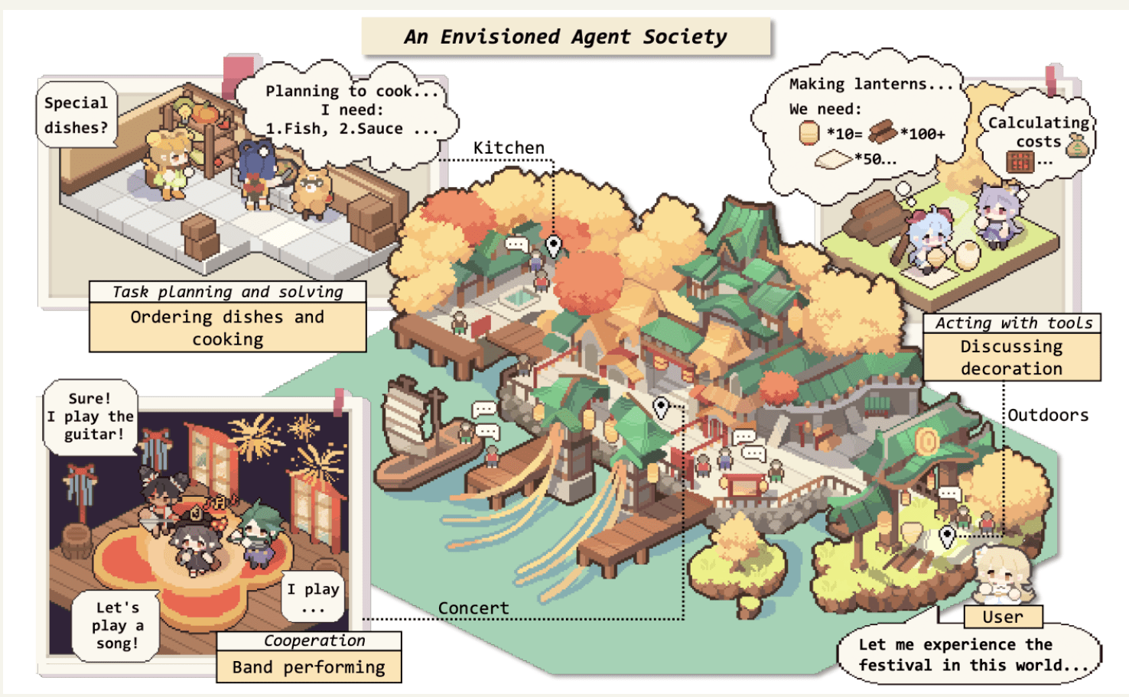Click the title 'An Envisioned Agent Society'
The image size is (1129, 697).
point(566,37)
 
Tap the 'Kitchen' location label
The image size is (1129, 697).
point(509,148)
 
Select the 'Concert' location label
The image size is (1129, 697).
point(473,608)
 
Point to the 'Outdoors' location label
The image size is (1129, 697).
point(1047,415)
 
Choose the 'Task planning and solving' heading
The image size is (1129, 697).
point(227,292)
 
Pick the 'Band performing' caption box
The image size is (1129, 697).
point(308,667)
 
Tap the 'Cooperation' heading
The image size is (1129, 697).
point(314,640)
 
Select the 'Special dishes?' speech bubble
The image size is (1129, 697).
point(76,115)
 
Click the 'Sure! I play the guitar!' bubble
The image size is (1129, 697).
point(90,417)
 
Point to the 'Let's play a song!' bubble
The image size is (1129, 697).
point(117,625)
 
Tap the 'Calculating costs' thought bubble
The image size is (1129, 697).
point(1038,138)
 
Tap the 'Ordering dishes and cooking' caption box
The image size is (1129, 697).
point(227,328)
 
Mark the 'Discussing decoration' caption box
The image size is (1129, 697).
point(1011,358)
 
